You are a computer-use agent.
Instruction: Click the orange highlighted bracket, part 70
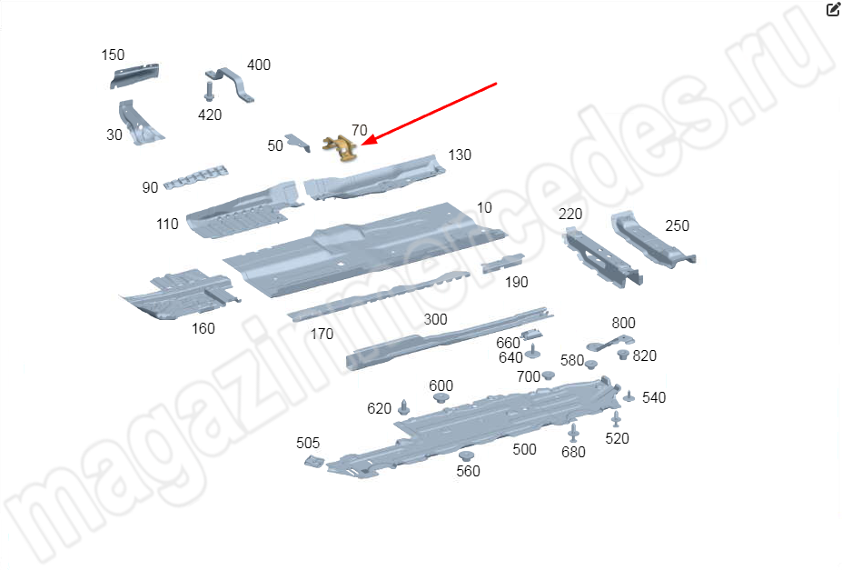[340, 148]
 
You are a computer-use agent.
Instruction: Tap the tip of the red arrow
[362, 145]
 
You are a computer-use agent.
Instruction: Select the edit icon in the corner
[833, 9]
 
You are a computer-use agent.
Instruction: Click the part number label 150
[113, 55]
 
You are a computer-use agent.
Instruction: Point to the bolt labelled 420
[209, 91]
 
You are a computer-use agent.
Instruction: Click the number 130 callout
[460, 155]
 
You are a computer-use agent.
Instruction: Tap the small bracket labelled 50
[298, 143]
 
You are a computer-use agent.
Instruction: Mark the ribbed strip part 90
[195, 177]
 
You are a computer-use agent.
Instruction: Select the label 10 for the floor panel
[484, 207]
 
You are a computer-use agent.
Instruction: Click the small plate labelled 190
[502, 263]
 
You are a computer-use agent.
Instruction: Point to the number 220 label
[570, 214]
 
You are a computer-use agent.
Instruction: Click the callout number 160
[203, 328]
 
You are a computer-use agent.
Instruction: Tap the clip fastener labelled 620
[404, 408]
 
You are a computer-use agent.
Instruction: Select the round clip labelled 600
[441, 398]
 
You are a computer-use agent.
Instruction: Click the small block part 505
[314, 462]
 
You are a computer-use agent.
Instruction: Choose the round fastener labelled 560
[466, 456]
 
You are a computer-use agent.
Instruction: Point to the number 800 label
[623, 323]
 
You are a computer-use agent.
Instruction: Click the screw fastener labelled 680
[573, 433]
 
